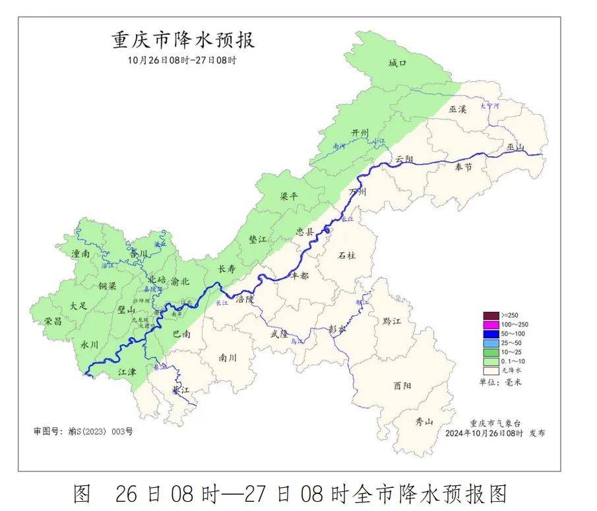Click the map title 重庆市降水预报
point(183,40)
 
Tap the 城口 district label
point(397,63)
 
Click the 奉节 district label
point(464,167)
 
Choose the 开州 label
point(361,133)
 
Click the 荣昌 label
point(53,321)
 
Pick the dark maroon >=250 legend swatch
point(491,315)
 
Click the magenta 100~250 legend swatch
point(491,324)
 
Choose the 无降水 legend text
point(512,371)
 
